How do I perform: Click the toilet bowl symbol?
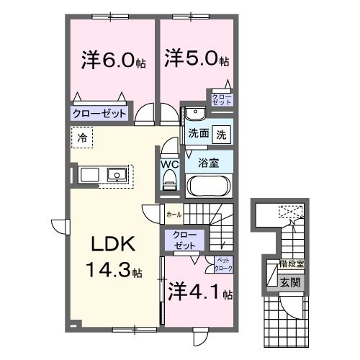coord(170,183)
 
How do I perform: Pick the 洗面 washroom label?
coord(199,133)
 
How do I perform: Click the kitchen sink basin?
coord(115,175)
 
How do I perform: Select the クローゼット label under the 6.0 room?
coord(99,113)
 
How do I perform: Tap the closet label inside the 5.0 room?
coord(220,99)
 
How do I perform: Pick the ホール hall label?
coord(174,214)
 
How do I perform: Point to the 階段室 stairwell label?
coord(292,264)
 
